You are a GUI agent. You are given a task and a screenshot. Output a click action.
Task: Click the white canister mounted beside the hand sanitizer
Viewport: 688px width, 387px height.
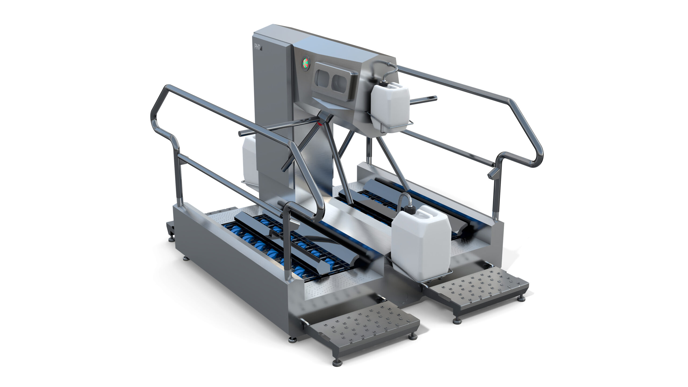pyautogui.click(x=390, y=106)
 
